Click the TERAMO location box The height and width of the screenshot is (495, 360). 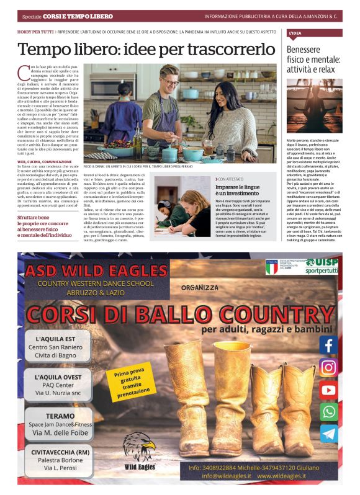tap(60, 424)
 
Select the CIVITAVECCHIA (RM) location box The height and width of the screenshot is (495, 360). tap(60, 460)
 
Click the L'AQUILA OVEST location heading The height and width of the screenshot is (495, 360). tap(60, 377)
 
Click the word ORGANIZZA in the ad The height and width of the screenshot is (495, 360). tap(201, 287)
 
